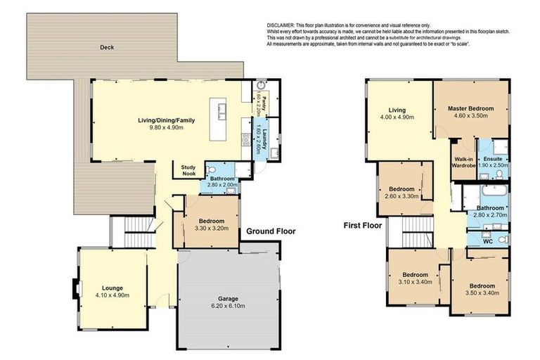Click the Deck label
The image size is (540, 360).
click(x=106, y=48)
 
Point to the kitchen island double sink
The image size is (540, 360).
click(x=222, y=110)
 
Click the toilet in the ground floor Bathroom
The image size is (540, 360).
click(x=210, y=169)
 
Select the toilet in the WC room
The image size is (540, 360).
click(x=501, y=240)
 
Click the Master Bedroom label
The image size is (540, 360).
click(x=471, y=109)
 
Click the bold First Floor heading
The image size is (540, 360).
click(x=363, y=226)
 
